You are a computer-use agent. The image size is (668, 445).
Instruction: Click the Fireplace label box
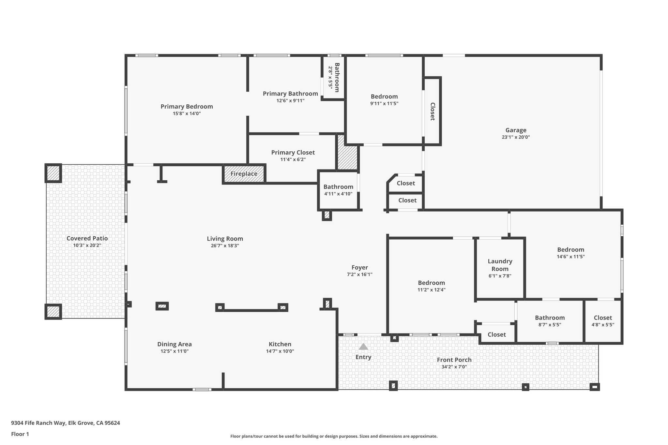[244, 174]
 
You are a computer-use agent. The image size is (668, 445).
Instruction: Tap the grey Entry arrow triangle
[363, 347]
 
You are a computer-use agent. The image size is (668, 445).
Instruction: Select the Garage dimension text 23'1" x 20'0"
[516, 137]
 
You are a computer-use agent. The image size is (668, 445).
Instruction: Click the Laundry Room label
[500, 265]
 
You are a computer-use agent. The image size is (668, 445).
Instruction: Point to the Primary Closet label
[293, 153]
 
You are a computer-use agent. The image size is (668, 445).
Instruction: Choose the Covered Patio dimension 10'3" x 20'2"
[87, 245]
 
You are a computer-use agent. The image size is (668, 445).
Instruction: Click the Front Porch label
[454, 360]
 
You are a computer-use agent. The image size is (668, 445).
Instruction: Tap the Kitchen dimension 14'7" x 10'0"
[280, 351]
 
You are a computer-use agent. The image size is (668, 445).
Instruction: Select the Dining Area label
[175, 344]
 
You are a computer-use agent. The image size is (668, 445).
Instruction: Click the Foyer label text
[359, 268]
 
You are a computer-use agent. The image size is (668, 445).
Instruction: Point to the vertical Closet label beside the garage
[433, 111]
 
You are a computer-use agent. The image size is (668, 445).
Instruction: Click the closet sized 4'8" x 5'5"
[603, 321]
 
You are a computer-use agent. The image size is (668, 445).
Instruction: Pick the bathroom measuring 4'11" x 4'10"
[338, 190]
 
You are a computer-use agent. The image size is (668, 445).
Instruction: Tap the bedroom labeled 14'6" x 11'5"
[570, 253]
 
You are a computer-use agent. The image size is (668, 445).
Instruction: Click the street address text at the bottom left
[66, 423]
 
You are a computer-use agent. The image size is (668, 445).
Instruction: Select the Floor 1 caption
[20, 434]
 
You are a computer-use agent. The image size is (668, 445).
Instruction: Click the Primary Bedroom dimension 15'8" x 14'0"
[187, 114]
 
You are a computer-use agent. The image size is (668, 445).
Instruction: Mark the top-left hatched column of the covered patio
[53, 173]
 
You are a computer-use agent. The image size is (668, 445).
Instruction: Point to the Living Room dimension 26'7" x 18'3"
[225, 246]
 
